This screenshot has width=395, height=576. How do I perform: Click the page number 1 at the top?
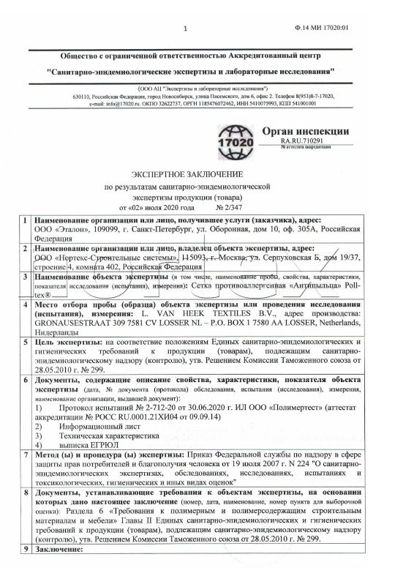187,29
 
